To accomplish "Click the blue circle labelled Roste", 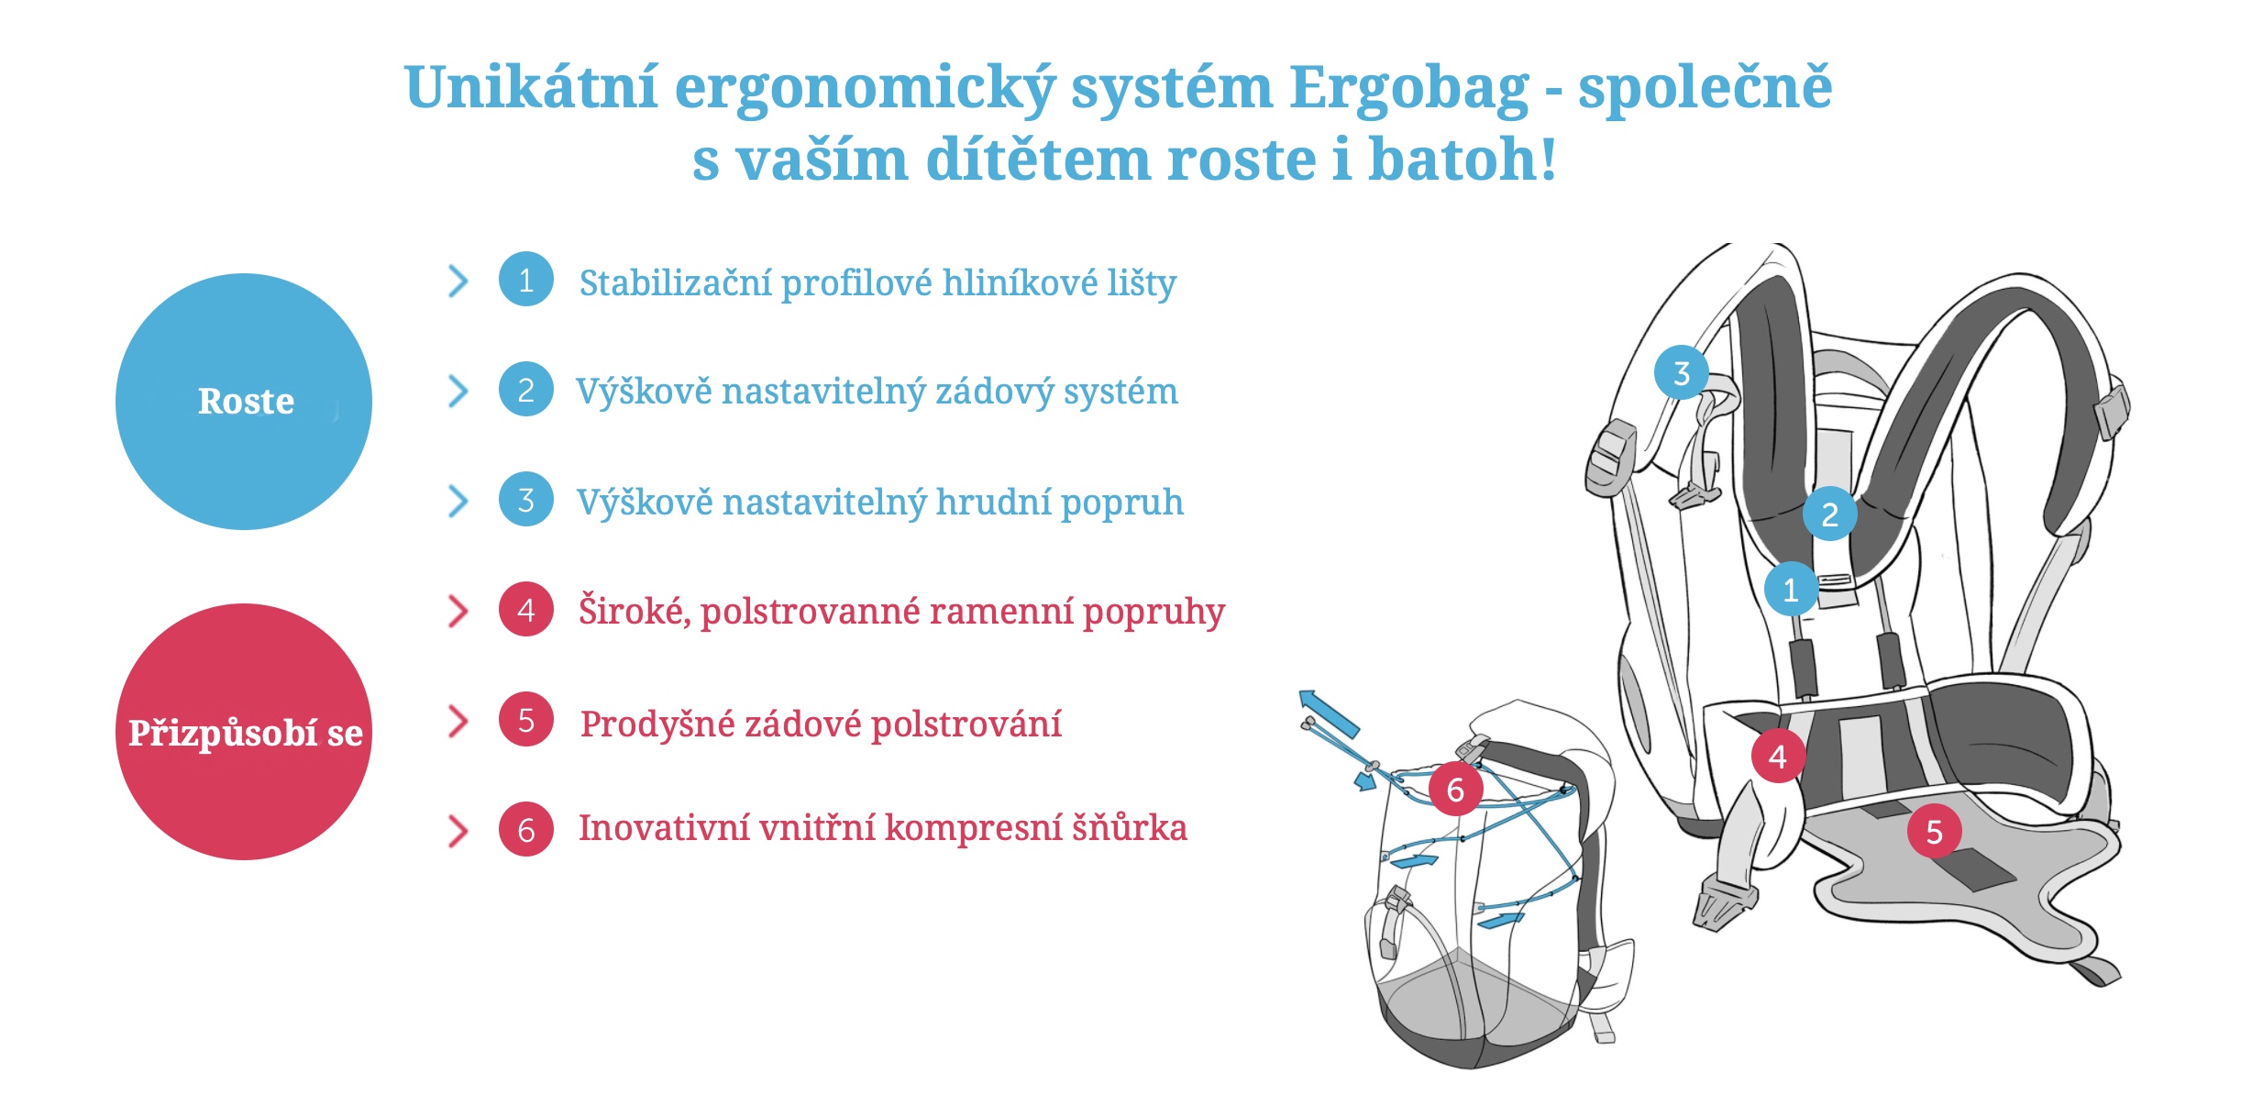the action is click(x=244, y=402).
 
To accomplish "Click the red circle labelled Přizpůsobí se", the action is click(x=244, y=732).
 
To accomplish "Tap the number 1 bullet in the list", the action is click(x=526, y=279).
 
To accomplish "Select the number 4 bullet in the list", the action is click(x=526, y=609).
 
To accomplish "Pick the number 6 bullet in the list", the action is click(x=526, y=829).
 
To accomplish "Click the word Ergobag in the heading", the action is click(x=1410, y=90).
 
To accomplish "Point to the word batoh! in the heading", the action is click(x=1463, y=159).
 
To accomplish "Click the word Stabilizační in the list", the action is click(x=676, y=282).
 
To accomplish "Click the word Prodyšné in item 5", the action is click(x=657, y=724).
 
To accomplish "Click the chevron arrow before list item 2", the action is click(x=458, y=391).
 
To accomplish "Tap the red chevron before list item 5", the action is click(x=458, y=721).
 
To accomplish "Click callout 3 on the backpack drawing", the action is click(x=1681, y=372).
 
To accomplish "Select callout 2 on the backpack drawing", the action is click(x=1829, y=514).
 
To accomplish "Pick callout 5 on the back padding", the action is click(x=1934, y=831).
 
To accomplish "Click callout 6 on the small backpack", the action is click(x=1455, y=789).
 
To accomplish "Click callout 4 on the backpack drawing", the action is click(x=1778, y=756).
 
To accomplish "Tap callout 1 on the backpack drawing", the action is click(x=1791, y=589).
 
